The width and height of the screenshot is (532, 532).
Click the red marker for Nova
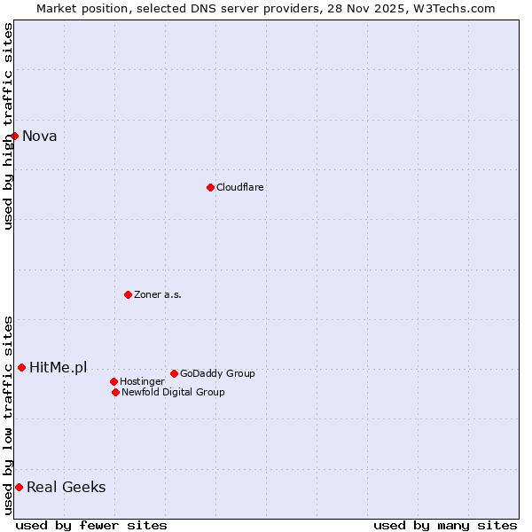click(15, 136)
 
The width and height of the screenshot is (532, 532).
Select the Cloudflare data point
click(210, 187)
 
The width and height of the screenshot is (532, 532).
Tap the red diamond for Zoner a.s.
click(128, 294)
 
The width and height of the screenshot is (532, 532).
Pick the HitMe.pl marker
click(22, 367)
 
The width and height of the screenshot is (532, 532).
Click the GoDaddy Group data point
click(174, 373)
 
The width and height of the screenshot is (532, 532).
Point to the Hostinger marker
click(113, 381)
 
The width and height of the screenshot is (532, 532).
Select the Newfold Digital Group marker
click(115, 392)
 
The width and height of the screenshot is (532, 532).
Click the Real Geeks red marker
click(19, 487)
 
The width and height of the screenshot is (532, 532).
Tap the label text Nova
click(40, 136)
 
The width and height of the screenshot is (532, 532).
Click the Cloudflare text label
click(240, 187)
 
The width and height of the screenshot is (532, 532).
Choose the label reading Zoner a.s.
click(158, 294)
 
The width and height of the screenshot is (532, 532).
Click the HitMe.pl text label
click(59, 367)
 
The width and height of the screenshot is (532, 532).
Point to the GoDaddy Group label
click(217, 373)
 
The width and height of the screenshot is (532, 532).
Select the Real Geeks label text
click(66, 487)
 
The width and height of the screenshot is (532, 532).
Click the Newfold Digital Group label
click(173, 392)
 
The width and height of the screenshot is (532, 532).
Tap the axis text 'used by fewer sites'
click(91, 525)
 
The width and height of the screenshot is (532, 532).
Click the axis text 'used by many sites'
click(445, 525)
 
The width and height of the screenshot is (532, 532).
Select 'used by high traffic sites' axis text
click(8, 126)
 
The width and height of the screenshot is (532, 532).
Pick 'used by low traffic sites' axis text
click(8, 415)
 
